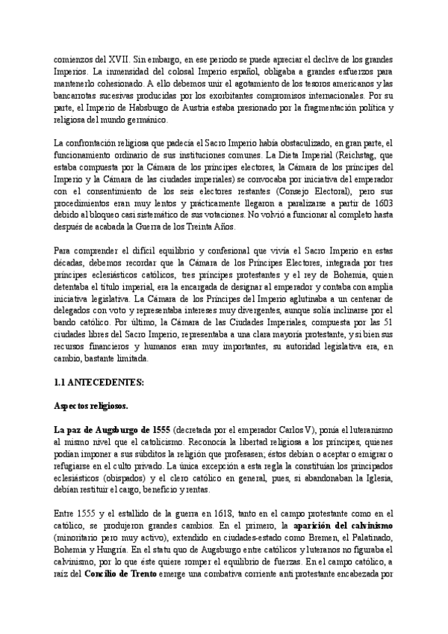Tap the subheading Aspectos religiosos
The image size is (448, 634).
pos(91,407)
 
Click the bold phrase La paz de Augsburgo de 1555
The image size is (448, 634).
pos(112,430)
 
